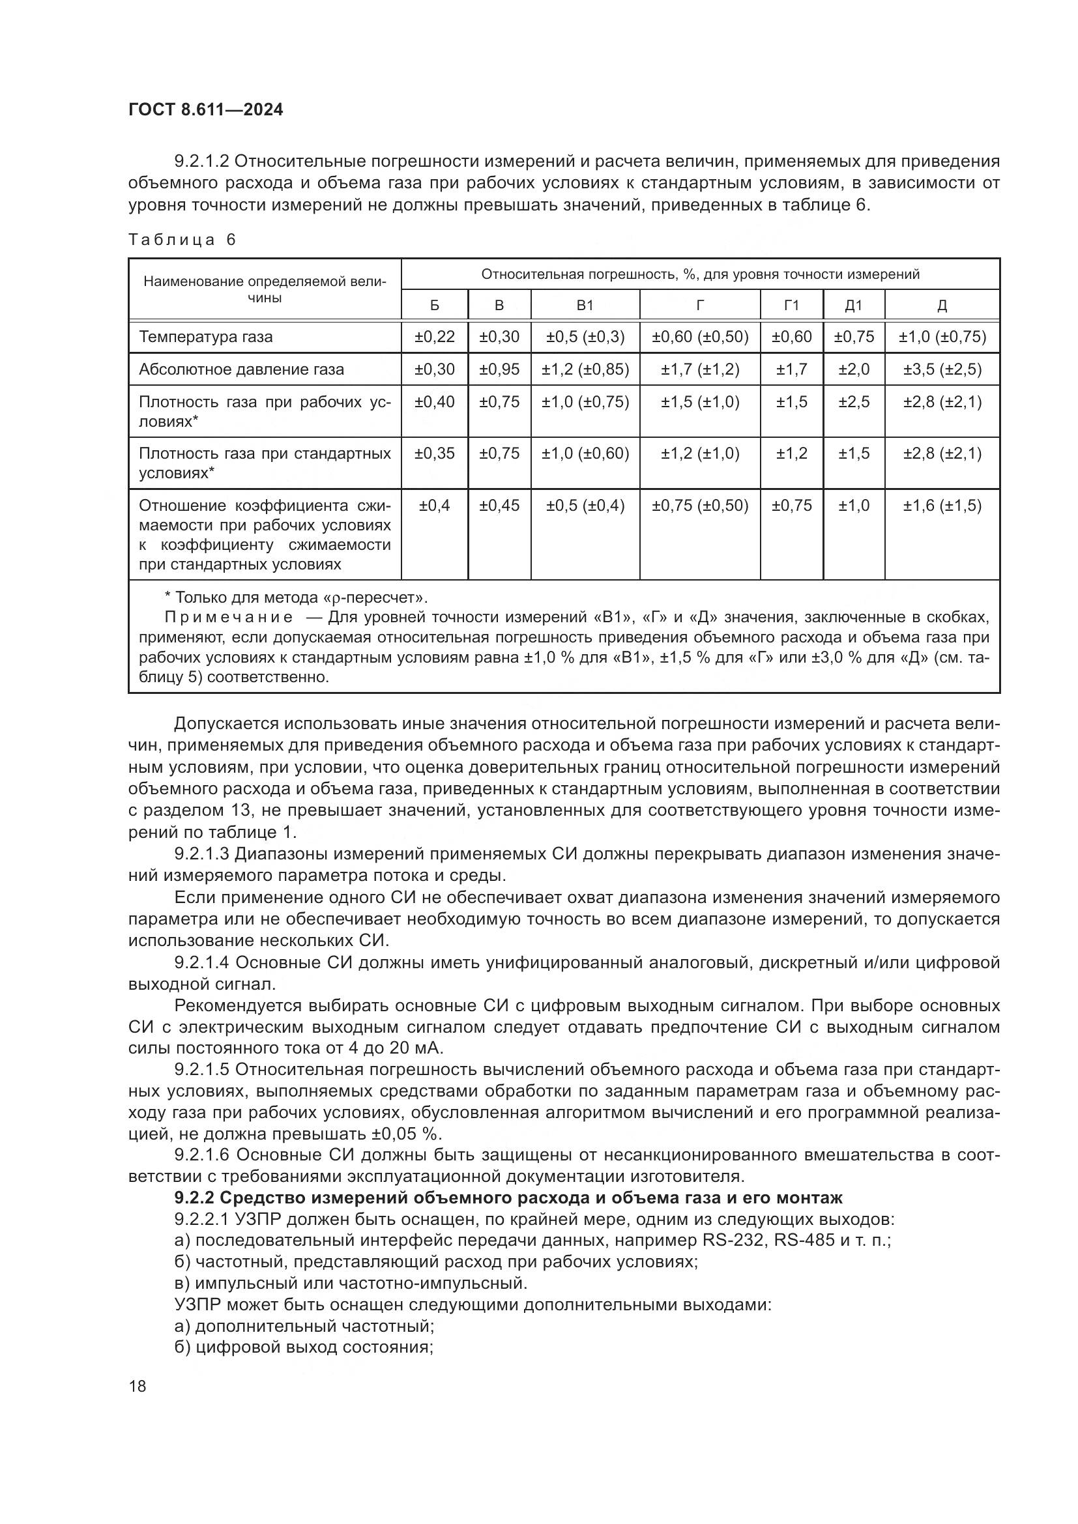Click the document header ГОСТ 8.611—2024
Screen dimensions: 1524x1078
pyautogui.click(x=206, y=109)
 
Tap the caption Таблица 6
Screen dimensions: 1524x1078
pyautogui.click(x=182, y=240)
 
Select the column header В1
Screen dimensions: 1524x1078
pyautogui.click(x=585, y=306)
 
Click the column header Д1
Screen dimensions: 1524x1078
pyautogui.click(x=853, y=306)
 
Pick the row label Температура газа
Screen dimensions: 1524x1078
pyautogui.click(x=206, y=338)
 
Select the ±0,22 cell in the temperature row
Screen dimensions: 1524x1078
pyautogui.click(x=434, y=338)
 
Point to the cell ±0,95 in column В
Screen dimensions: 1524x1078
pyautogui.click(x=499, y=369)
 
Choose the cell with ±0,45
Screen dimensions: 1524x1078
pyautogui.click(x=499, y=506)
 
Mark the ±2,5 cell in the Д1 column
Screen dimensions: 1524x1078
pyautogui.click(x=853, y=402)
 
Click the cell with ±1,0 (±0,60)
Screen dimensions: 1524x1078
pyautogui.click(x=585, y=454)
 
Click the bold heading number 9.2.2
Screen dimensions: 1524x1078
pyautogui.click(x=194, y=1198)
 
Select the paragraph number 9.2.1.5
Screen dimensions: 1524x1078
pyautogui.click(x=202, y=1069)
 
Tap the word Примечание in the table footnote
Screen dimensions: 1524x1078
pyautogui.click(x=228, y=618)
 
